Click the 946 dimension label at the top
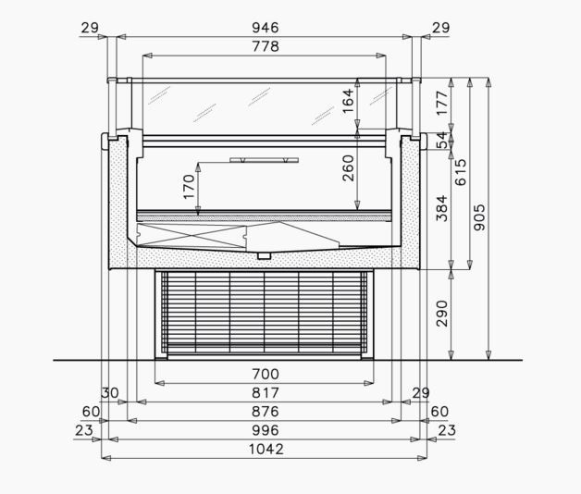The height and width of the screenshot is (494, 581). [x=266, y=28]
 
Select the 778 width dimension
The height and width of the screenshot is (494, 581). [x=266, y=46]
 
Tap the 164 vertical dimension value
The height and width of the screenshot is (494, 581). [x=348, y=101]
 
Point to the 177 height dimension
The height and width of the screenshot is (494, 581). [x=442, y=103]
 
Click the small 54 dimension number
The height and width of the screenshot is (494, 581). [x=441, y=140]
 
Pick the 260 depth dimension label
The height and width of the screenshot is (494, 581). [x=348, y=167]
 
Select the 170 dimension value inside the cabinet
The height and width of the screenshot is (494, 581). [x=189, y=187]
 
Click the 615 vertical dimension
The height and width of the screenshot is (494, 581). [x=461, y=172]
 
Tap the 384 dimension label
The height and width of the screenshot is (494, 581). [x=442, y=208]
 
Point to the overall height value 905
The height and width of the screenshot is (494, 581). [x=479, y=217]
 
